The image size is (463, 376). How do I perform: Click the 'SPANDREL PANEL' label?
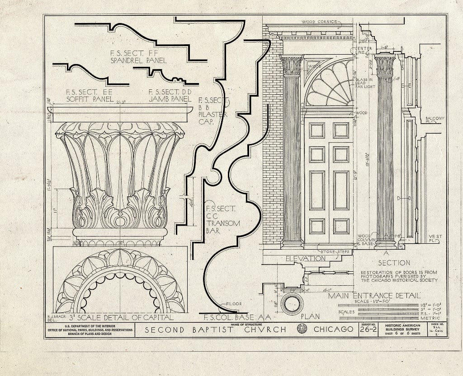click(138, 60)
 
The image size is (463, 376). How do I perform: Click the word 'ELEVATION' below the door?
click(305, 259)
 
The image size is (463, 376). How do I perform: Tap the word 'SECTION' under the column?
click(394, 262)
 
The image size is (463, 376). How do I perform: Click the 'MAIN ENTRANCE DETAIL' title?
click(374, 296)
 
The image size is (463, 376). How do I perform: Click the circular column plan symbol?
click(293, 303)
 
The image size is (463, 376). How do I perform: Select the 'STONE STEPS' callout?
click(322, 252)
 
